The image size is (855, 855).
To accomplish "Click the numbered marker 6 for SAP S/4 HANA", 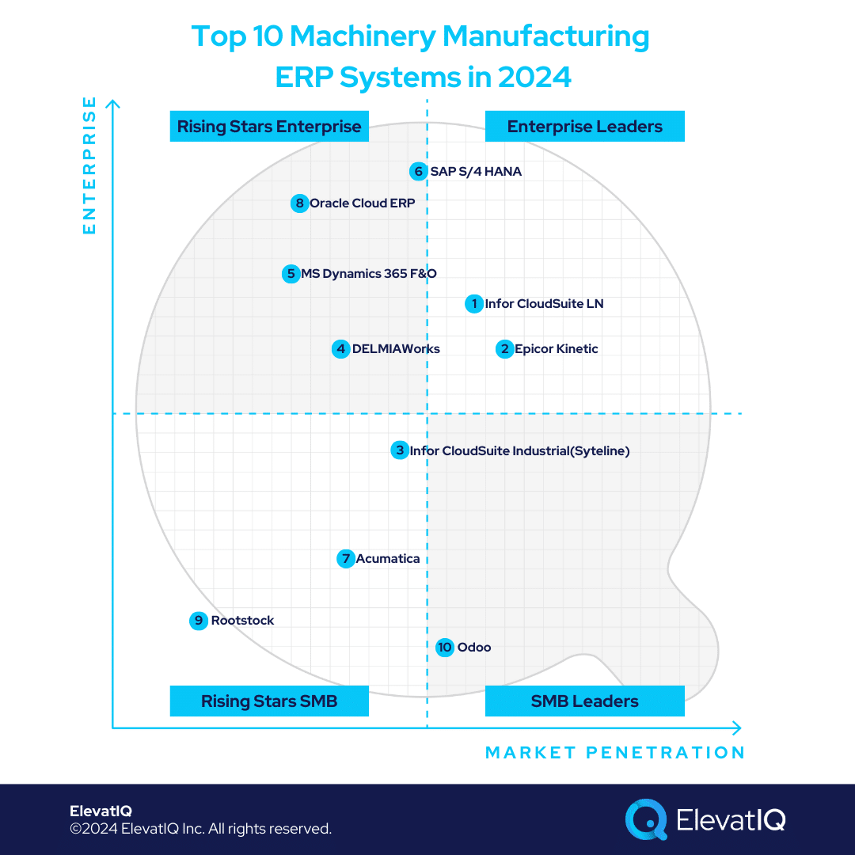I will (418, 171).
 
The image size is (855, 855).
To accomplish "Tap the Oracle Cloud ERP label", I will (362, 203).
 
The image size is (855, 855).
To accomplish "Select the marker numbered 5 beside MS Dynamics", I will (291, 274).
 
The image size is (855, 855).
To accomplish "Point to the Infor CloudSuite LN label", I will (544, 303).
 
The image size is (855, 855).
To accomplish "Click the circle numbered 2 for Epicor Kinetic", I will (504, 349).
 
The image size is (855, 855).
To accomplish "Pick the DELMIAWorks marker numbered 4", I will (340, 349).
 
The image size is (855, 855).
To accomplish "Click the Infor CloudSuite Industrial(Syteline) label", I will (519, 451).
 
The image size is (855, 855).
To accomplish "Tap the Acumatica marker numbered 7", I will (345, 559).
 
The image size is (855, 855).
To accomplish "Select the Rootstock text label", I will (242, 621).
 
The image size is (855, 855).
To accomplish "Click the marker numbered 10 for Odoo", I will (445, 648).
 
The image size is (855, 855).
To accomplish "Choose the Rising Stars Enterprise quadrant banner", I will (269, 127).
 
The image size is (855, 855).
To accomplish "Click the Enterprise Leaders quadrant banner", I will (584, 127).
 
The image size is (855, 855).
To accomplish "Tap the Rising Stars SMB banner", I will (269, 701).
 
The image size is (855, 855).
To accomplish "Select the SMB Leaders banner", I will (584, 701).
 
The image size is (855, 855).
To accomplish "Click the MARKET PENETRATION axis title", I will (614, 753).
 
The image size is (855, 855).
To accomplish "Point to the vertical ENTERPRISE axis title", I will (89, 165).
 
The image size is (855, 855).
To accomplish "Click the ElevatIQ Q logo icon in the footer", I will (646, 819).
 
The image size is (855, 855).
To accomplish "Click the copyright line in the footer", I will (200, 829).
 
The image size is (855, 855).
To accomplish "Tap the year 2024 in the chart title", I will (534, 77).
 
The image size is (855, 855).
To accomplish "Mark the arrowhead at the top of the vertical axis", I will (113, 104).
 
